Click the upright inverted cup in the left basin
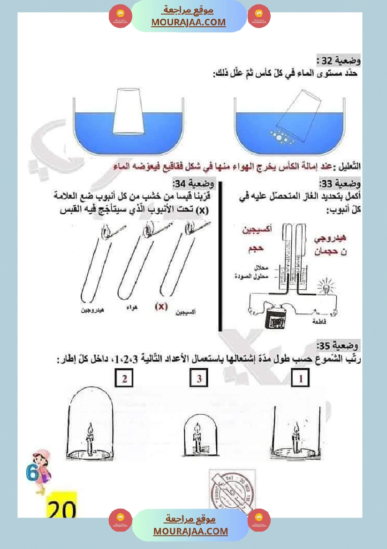coord(128,111)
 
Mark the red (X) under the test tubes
coord(161,307)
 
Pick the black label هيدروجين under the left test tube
coord(92,311)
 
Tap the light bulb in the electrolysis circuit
coord(325,288)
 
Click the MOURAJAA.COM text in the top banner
coord(188,22)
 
